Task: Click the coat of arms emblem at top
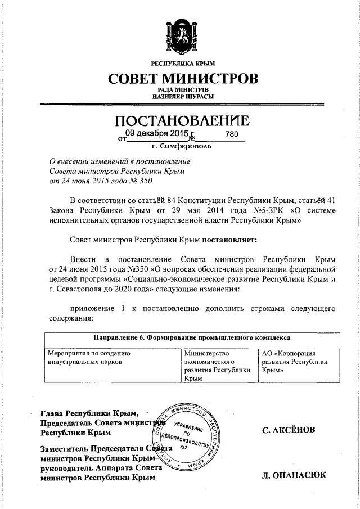tap(179, 35)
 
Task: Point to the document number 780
tap(231, 134)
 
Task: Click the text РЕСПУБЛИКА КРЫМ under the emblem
tap(179, 63)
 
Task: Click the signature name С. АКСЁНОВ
tap(289, 430)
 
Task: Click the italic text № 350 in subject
tap(139, 181)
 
